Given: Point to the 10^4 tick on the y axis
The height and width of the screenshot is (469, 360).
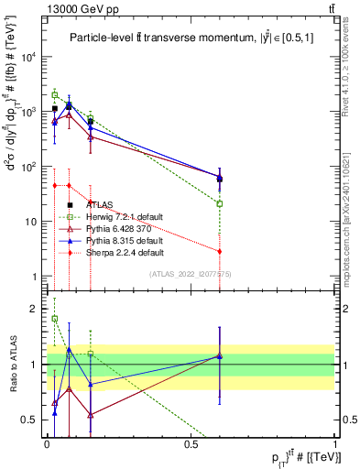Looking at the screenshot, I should [29, 56].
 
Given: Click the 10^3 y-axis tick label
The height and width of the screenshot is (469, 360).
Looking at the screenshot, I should [29, 111].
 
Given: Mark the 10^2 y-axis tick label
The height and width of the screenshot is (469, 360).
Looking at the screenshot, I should [29, 167].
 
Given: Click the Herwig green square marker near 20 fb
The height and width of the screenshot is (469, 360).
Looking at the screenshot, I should [220, 203].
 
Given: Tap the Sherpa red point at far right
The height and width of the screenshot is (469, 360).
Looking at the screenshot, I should [220, 251].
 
